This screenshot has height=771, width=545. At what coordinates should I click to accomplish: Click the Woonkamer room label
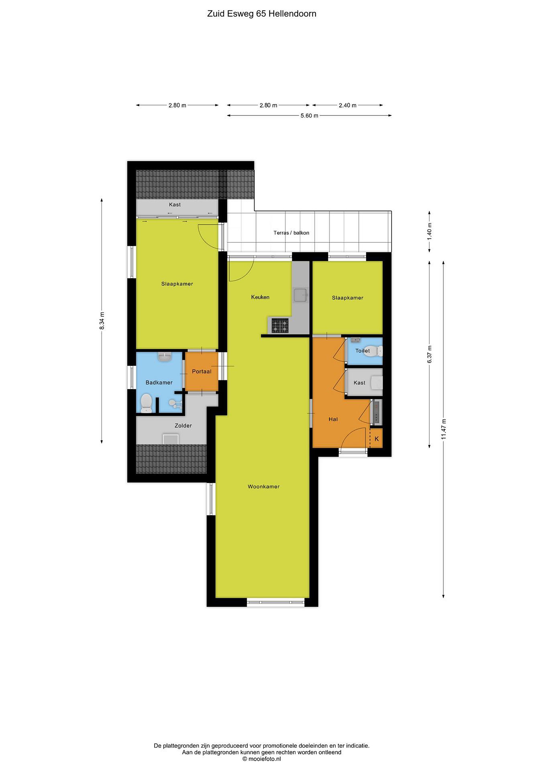pos(264,487)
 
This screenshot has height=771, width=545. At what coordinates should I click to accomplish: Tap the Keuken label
pos(260,297)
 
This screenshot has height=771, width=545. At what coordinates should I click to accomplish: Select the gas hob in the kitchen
pos(280,326)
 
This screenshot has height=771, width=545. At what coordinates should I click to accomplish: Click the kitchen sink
pos(301,295)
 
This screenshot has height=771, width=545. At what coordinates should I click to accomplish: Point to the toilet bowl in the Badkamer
pos(146,403)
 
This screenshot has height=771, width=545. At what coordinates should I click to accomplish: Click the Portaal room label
pos(202,371)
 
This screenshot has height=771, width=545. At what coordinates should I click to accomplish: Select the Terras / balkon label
pos(291,233)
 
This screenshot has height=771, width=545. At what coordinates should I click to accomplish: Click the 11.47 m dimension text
pos(443,429)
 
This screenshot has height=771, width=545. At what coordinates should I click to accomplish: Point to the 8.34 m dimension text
pos(102,321)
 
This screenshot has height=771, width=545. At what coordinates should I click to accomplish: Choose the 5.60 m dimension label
pos(309,115)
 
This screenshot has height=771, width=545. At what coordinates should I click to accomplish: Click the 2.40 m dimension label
pos(347,105)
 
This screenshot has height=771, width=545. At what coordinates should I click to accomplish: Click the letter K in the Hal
pos(376,439)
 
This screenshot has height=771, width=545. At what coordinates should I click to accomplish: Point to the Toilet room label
pos(363,351)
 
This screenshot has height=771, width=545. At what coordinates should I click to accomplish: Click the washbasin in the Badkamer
pos(165,356)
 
